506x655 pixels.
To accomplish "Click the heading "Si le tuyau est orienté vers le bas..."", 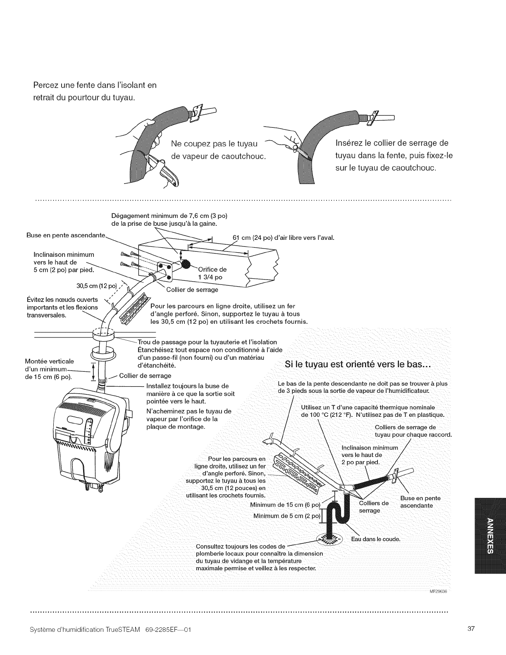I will click(358, 365).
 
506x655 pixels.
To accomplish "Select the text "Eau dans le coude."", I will click(376, 539).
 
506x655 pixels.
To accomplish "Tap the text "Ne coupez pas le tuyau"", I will click(214, 144).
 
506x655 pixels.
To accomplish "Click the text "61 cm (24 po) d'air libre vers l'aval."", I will click(283, 238).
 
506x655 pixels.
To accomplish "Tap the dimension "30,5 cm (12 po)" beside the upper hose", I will click(98, 286).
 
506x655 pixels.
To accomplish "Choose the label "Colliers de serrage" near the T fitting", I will click(374, 507).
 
